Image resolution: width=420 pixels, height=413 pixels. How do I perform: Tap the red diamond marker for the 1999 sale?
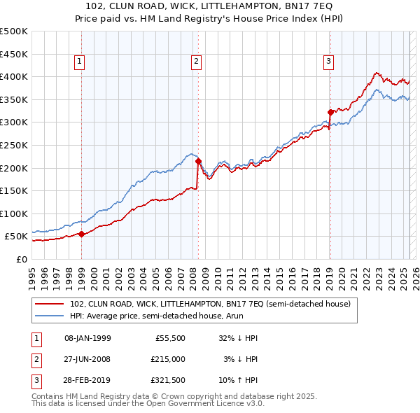point(82,234)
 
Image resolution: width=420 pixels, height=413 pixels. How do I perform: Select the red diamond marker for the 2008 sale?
point(198,161)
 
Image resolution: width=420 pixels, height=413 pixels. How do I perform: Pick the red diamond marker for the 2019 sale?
point(330,111)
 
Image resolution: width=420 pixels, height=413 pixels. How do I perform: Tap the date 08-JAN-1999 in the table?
point(87,338)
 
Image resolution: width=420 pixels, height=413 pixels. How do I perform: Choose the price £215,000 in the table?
point(168,360)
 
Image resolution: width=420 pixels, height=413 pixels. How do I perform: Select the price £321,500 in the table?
point(168,381)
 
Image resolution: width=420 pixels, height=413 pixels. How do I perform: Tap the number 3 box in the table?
point(35,381)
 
